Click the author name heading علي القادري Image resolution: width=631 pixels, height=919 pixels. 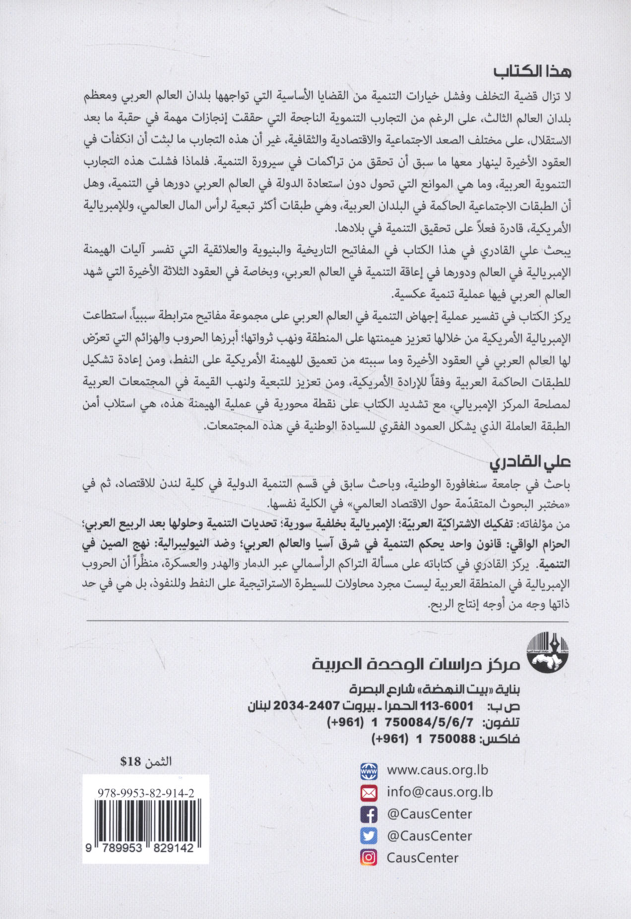click(530, 463)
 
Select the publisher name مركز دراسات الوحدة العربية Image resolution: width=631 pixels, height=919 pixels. click(416, 664)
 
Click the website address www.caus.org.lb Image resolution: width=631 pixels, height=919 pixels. click(437, 770)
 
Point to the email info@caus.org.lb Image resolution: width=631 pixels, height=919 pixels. click(440, 792)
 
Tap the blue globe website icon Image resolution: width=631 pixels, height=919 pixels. click(369, 771)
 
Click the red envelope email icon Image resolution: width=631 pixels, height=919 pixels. click(369, 793)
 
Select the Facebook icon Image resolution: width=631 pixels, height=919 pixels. click(369, 814)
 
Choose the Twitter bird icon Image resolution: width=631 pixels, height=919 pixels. click(369, 836)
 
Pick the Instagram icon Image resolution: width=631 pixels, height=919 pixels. click(369, 858)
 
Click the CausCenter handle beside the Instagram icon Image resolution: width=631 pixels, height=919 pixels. click(422, 858)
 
